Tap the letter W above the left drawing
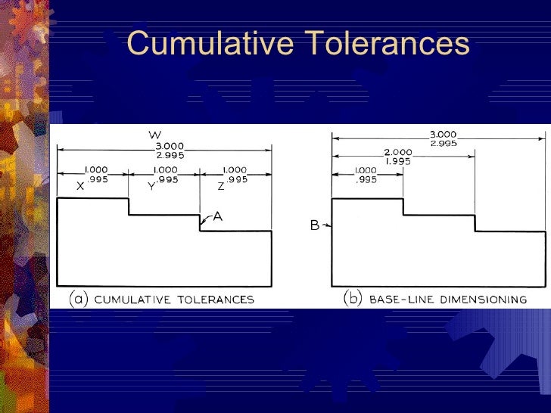(154, 135)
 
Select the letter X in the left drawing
(79, 185)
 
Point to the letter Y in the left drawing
(151, 186)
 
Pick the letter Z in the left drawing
(221, 185)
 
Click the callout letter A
(217, 216)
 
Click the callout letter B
(314, 225)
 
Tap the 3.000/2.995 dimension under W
(170, 150)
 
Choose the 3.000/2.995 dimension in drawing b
(443, 139)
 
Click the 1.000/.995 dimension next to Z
(241, 175)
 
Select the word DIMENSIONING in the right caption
(481, 300)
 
